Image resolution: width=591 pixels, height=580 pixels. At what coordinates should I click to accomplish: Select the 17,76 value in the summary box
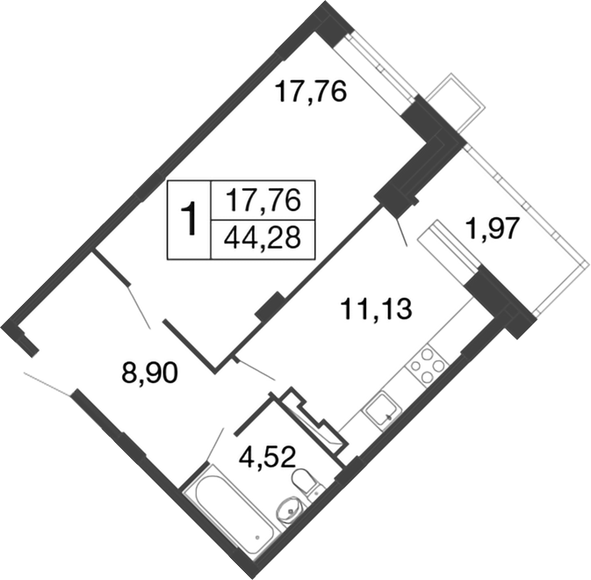click(x=263, y=200)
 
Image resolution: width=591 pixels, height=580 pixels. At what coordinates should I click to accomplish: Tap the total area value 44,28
click(x=263, y=238)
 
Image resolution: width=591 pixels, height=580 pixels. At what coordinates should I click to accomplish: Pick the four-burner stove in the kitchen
click(x=425, y=366)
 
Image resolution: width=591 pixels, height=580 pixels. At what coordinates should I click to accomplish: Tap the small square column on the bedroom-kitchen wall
click(x=270, y=306)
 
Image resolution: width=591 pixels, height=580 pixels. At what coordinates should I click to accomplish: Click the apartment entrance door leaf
click(x=49, y=384)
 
